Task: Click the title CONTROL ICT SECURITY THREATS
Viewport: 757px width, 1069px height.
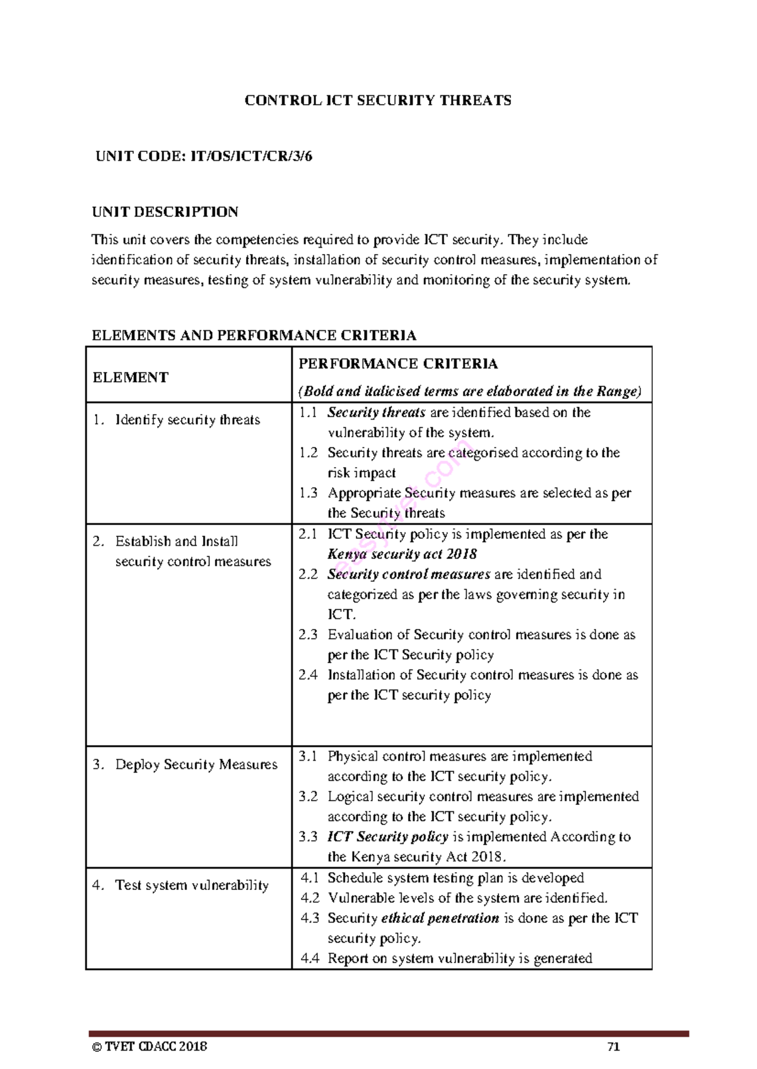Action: click(378, 101)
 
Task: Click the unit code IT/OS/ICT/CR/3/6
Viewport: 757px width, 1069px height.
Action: click(251, 156)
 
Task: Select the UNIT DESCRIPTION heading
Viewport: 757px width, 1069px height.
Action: click(165, 212)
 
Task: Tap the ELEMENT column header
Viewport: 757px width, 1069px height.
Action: click(131, 378)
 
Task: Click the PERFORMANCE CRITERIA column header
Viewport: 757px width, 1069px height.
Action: click(398, 364)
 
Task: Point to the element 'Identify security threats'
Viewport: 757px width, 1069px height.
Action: click(187, 420)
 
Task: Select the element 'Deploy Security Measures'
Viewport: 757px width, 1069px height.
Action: click(196, 765)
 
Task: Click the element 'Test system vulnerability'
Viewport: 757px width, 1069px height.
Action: click(192, 886)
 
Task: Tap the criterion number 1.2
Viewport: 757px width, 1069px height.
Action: click(308, 453)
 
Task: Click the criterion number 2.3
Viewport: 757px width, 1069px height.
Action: click(308, 635)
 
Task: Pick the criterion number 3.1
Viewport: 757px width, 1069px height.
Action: click(308, 756)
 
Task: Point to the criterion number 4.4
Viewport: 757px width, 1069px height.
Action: click(310, 959)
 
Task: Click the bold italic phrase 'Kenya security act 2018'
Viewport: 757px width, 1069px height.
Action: click(402, 555)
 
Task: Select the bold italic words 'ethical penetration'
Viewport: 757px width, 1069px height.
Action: click(440, 918)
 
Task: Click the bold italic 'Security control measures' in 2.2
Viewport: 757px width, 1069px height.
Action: click(409, 575)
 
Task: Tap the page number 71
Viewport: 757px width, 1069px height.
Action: click(613, 1048)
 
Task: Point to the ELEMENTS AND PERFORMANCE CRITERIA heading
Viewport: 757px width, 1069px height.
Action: click(254, 335)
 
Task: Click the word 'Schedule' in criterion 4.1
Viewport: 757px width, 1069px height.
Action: click(355, 878)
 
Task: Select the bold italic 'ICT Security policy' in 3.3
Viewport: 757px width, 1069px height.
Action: click(387, 837)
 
